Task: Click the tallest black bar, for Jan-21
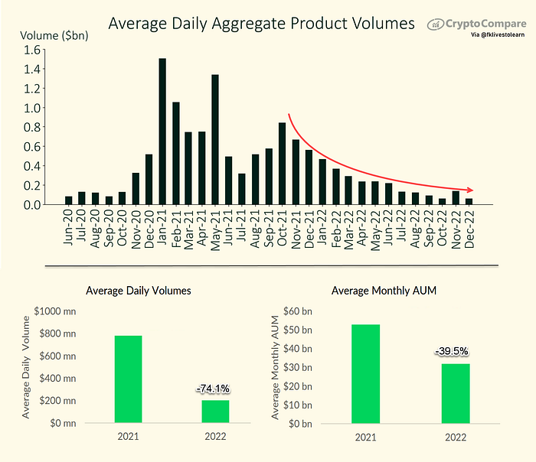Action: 162,132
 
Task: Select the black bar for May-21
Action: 215,140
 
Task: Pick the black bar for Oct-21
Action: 282,164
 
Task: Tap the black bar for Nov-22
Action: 456,197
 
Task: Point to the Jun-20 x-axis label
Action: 68,227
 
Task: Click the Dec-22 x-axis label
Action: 469,229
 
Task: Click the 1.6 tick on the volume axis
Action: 32,50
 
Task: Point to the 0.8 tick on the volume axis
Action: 32,128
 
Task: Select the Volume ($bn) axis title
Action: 54,35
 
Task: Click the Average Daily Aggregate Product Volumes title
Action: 262,24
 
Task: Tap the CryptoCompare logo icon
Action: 436,24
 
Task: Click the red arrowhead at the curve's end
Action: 470,190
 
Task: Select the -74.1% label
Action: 213,389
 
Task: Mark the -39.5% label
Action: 451,351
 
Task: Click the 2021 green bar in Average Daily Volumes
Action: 128,379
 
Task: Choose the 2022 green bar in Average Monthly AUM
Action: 456,393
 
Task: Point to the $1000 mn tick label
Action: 55,311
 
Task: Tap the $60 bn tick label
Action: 298,311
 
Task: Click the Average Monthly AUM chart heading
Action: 384,291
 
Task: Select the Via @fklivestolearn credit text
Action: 498,35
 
